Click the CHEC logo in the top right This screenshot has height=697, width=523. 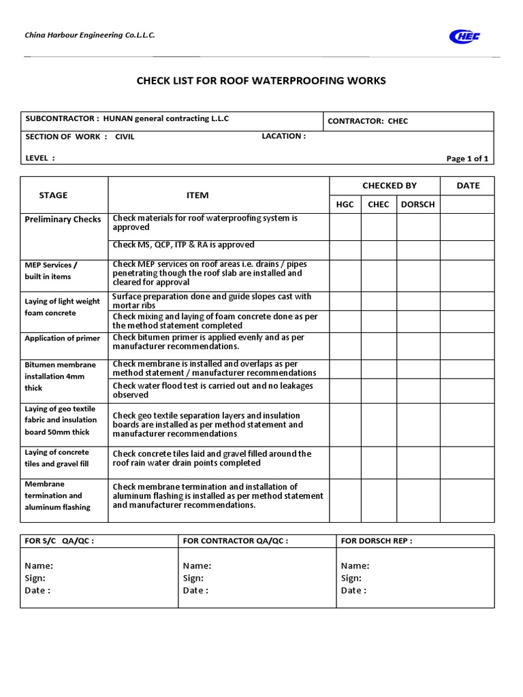464,36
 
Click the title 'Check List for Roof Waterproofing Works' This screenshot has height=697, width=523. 261,81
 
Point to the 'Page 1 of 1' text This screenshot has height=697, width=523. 467,159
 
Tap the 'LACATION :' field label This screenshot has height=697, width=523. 283,136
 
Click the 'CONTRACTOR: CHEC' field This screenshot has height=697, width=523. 368,121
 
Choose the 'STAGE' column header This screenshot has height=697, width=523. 53,195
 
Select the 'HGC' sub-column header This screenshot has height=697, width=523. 345,204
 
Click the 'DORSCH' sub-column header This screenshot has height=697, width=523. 418,204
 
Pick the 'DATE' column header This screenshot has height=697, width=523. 468,185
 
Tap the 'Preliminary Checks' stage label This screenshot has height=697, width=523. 63,219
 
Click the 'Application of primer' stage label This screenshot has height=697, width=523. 62,338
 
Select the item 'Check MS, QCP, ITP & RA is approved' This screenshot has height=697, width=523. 183,245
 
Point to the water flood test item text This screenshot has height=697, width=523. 212,390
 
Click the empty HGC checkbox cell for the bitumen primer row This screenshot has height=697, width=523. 345,346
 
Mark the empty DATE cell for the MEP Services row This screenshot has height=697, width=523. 468,276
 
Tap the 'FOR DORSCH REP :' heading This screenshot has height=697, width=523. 376,541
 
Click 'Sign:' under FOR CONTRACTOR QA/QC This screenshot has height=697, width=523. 193,578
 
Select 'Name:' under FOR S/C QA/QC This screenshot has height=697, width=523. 39,566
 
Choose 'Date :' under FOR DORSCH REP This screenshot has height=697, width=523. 353,590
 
